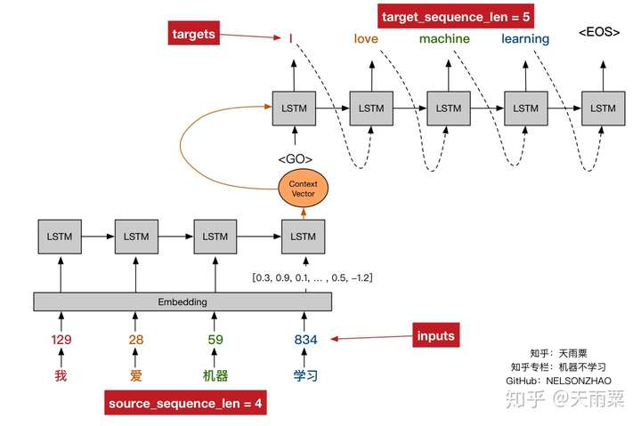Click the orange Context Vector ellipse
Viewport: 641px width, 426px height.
pyautogui.click(x=304, y=189)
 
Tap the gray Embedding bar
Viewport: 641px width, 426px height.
pyautogui.click(x=183, y=301)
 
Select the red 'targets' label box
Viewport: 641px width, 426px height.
pyautogui.click(x=192, y=35)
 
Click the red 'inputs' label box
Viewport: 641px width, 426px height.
pyautogui.click(x=436, y=335)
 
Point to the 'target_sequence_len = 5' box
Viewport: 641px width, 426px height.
pyautogui.click(x=443, y=17)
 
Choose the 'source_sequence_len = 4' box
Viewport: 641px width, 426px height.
pyautogui.click(x=186, y=403)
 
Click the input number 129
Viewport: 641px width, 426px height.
pyautogui.click(x=61, y=339)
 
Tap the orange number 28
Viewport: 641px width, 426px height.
pyautogui.click(x=135, y=339)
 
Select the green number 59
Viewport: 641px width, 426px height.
pyautogui.click(x=215, y=339)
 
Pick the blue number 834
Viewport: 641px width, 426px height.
pyautogui.click(x=305, y=339)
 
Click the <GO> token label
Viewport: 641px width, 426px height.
pyautogui.click(x=295, y=159)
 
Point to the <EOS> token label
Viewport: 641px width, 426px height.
pyautogui.click(x=599, y=33)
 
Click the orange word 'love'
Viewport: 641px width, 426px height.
pyautogui.click(x=366, y=38)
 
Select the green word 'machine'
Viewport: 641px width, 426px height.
pyautogui.click(x=444, y=38)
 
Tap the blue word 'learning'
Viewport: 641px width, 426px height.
pyautogui.click(x=525, y=38)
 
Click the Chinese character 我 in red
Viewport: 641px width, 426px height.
pyautogui.click(x=61, y=375)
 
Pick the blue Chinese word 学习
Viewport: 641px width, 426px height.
pyautogui.click(x=305, y=375)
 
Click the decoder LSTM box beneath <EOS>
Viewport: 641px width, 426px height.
pyautogui.click(x=604, y=108)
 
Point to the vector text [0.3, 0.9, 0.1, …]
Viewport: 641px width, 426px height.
pyautogui.click(x=312, y=278)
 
